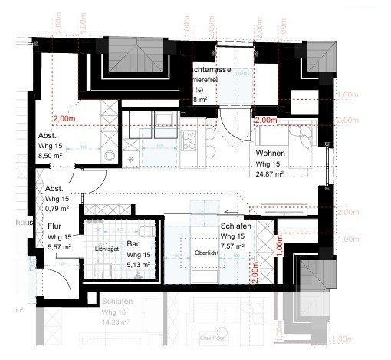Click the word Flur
54,227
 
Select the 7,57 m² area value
232,246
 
